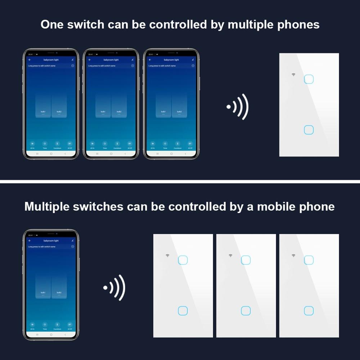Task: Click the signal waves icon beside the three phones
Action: click(x=238, y=107)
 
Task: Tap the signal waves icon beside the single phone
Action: click(x=114, y=288)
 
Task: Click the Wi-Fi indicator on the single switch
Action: click(x=293, y=75)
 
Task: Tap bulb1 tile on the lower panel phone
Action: click(x=43, y=284)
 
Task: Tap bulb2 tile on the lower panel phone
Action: click(x=59, y=284)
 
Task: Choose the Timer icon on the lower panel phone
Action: click(x=45, y=324)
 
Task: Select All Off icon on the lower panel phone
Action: click(x=69, y=324)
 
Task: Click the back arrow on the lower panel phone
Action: click(x=30, y=240)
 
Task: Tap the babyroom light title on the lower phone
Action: click(x=51, y=240)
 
